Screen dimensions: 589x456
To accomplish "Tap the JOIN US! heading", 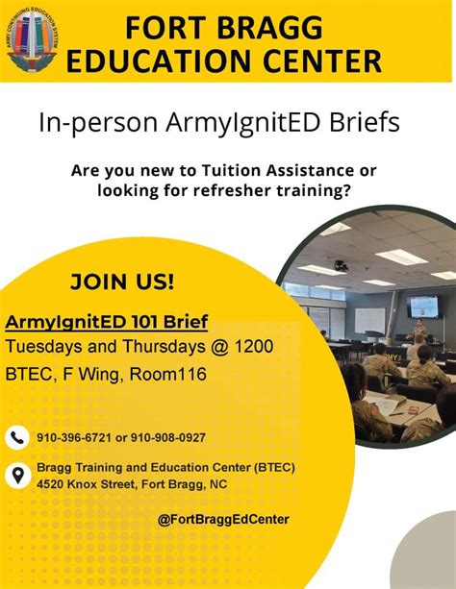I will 122,282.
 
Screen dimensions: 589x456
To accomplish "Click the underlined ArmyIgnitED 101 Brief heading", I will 107,321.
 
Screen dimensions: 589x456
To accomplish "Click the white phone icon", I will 18,437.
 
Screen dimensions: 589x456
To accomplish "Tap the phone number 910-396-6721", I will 74,437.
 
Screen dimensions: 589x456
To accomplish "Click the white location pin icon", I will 18,476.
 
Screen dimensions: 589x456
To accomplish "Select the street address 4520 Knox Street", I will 84,484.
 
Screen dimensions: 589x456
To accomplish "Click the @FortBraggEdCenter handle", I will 223,520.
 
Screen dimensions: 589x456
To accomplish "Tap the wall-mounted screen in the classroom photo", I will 422,306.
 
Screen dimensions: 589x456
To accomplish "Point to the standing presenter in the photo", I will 420,331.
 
